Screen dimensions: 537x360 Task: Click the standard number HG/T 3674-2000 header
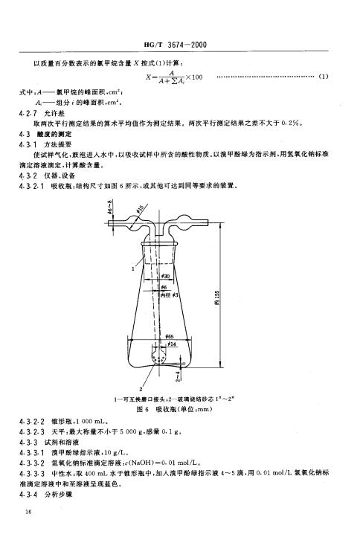pos(178,45)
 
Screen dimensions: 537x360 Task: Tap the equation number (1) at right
pos(324,76)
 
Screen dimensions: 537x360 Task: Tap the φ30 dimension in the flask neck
pos(167,276)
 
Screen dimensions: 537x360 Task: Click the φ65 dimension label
pos(170,336)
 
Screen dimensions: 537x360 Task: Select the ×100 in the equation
pos(193,78)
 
